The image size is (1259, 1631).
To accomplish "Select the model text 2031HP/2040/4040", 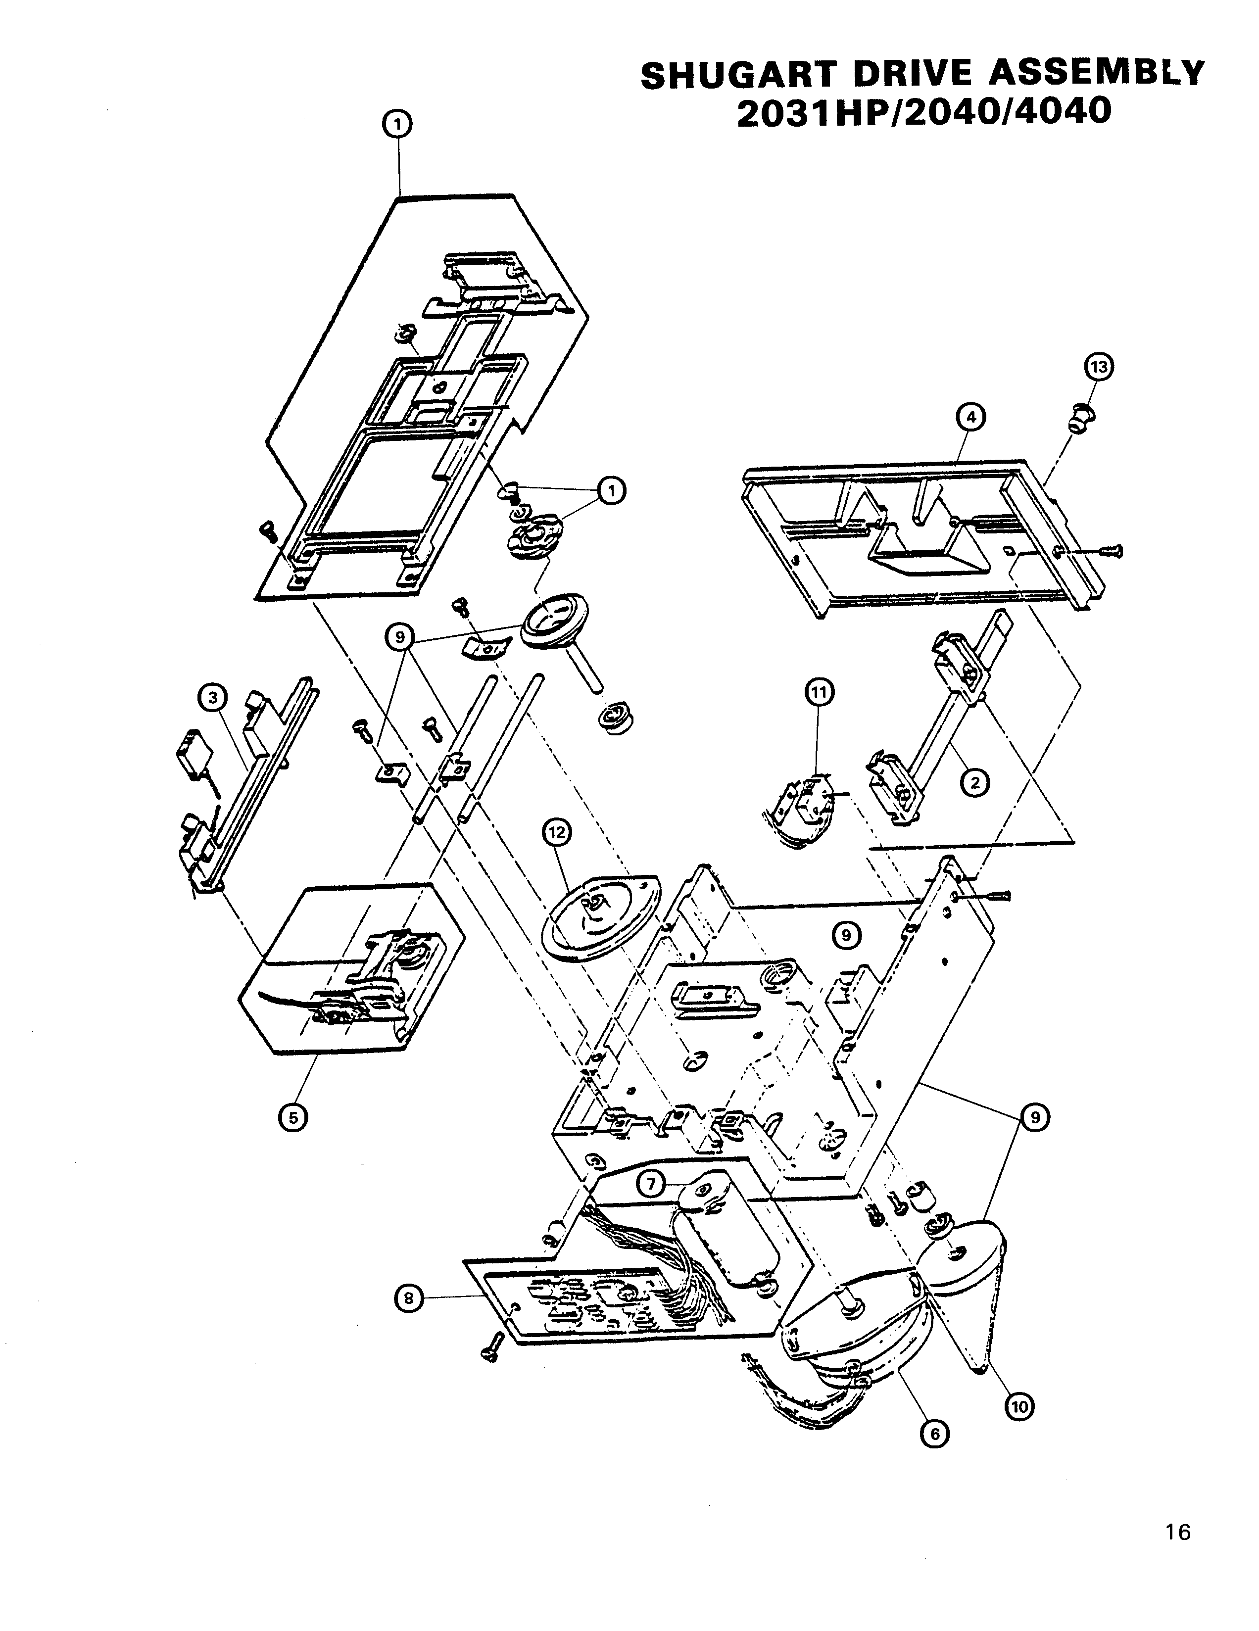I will tap(924, 113).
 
